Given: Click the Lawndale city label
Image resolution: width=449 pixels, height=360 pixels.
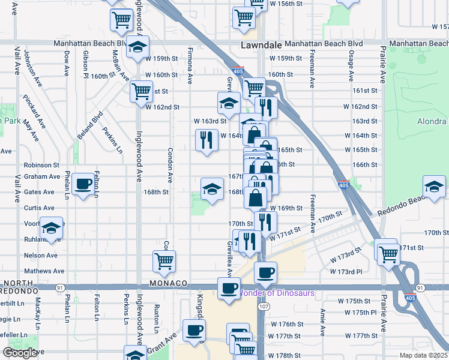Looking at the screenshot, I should pos(261,45).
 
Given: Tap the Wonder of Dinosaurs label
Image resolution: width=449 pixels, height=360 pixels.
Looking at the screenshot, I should pos(277,293).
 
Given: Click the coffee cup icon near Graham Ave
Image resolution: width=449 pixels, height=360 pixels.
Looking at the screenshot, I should pos(84,184).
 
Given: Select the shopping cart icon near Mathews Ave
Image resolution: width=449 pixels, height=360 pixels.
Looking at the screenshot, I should pos(164,260).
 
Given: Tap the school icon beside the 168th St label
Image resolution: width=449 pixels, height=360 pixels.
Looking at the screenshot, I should pos(212,190).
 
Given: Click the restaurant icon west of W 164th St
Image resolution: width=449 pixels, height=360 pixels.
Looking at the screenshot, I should pos(206,140).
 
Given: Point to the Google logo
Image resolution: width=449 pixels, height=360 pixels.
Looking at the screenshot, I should pos(20,353).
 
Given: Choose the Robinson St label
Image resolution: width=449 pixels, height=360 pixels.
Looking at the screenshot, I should pos(41,164).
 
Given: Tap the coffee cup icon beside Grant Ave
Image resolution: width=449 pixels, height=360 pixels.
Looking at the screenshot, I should pos(194,330).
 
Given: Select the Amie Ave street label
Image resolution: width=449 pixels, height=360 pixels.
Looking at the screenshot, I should pos(322,322).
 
